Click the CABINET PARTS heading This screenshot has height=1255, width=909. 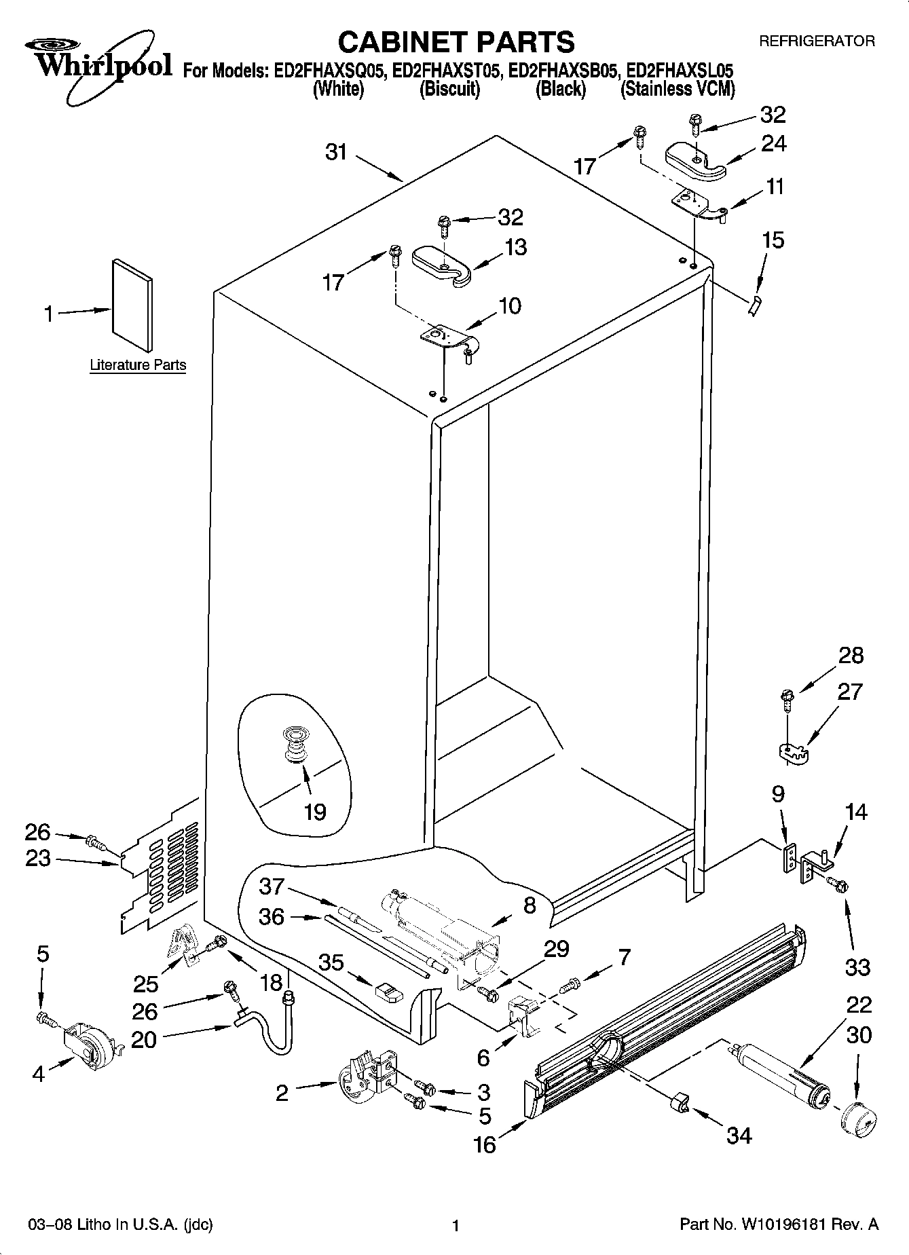point(456,42)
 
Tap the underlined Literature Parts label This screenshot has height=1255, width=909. point(138,365)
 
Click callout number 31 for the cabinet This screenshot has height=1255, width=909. point(336,152)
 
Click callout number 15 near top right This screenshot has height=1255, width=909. point(773,240)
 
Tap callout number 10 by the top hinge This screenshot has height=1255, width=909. point(509,305)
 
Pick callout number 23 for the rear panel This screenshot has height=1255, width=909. point(37,859)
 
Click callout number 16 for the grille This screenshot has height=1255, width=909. point(485,1144)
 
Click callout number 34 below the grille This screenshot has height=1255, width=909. point(739,1135)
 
